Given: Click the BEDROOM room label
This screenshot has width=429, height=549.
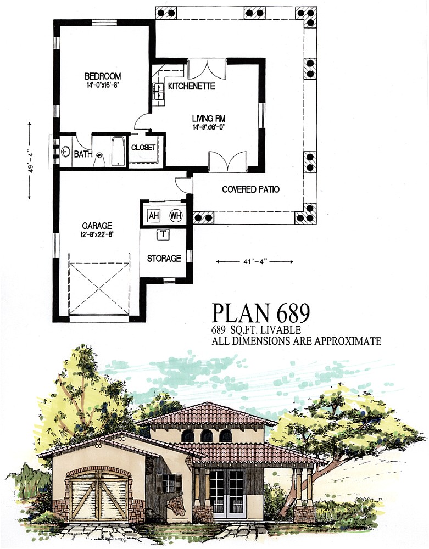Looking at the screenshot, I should pyautogui.click(x=103, y=76).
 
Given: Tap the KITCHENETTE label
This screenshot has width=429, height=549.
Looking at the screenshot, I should pyautogui.click(x=191, y=87).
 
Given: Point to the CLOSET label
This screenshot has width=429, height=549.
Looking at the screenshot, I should pyautogui.click(x=144, y=147).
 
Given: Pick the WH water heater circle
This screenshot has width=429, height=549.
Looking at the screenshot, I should pyautogui.click(x=176, y=215).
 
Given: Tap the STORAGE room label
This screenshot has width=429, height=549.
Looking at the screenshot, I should pyautogui.click(x=164, y=258).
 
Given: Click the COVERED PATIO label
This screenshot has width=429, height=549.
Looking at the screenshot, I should pyautogui.click(x=250, y=189).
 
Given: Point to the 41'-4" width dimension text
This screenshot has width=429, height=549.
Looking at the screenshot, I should pyautogui.click(x=255, y=262).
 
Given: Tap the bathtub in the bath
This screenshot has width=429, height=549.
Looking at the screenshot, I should pyautogui.click(x=118, y=150).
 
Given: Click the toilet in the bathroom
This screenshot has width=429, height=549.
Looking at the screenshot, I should pyautogui.click(x=99, y=159).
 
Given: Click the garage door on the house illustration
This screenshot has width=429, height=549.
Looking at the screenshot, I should pyautogui.click(x=98, y=495).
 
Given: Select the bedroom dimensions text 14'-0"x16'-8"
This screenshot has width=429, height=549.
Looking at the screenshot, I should pyautogui.click(x=103, y=85).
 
